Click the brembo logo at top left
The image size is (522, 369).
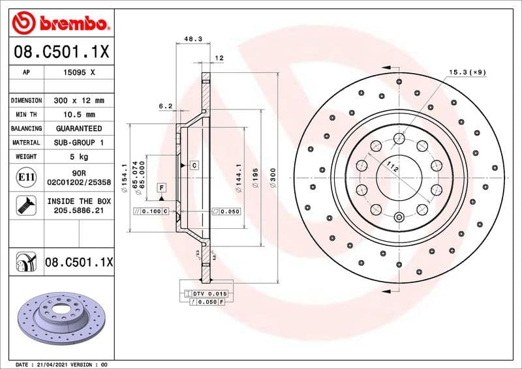tap(60, 24)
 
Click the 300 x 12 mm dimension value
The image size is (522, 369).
tap(79, 101)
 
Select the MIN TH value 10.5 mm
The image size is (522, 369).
tap(79, 115)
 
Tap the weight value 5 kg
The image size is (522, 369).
tap(79, 156)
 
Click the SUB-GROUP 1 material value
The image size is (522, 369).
tap(79, 142)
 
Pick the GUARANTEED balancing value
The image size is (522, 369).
tap(79, 128)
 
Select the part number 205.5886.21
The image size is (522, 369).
tap(79, 211)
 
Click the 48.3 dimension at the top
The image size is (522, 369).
tap(192, 39)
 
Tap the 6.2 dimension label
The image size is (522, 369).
tap(165, 105)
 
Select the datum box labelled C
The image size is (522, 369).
tap(194, 166)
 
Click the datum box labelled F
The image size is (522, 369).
tap(161, 188)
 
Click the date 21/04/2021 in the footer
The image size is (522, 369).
tap(53, 364)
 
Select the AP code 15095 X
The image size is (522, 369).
tap(79, 73)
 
